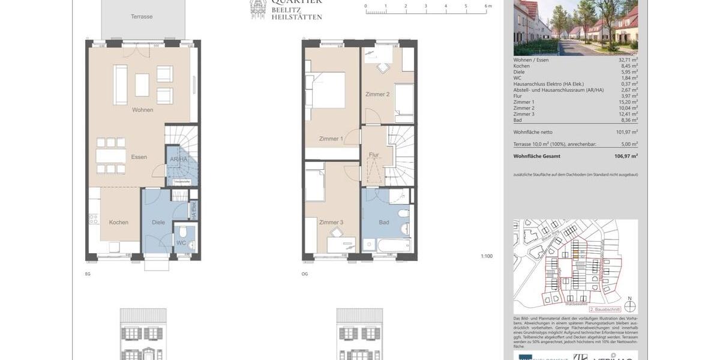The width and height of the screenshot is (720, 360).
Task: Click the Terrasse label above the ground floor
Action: click(142, 17)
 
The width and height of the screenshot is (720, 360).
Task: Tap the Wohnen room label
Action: click(143, 110)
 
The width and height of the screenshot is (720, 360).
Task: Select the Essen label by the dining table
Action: click(139, 157)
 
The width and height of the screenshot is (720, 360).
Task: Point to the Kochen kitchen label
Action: click(119, 223)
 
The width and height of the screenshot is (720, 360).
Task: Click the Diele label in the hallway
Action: click(158, 223)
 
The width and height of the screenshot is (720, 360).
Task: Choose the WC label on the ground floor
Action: click(181, 243)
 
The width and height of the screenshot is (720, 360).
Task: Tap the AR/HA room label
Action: click(179, 160)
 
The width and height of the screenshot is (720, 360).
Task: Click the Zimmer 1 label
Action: click(331, 139)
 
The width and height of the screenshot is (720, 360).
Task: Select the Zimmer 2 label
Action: click(377, 95)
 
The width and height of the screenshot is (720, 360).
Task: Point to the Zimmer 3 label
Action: click(331, 223)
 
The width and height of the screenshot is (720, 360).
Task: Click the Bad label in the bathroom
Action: click(384, 223)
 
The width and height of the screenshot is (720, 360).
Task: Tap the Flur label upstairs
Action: click(374, 155)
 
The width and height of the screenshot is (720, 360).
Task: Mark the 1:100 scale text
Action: click(486, 256)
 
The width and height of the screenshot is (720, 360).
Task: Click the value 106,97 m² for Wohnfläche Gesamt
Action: click(626, 156)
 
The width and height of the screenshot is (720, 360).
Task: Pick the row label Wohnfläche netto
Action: click(533, 132)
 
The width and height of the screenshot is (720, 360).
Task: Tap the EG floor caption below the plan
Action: click(88, 274)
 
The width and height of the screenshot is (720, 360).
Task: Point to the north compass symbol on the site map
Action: click(629, 307)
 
